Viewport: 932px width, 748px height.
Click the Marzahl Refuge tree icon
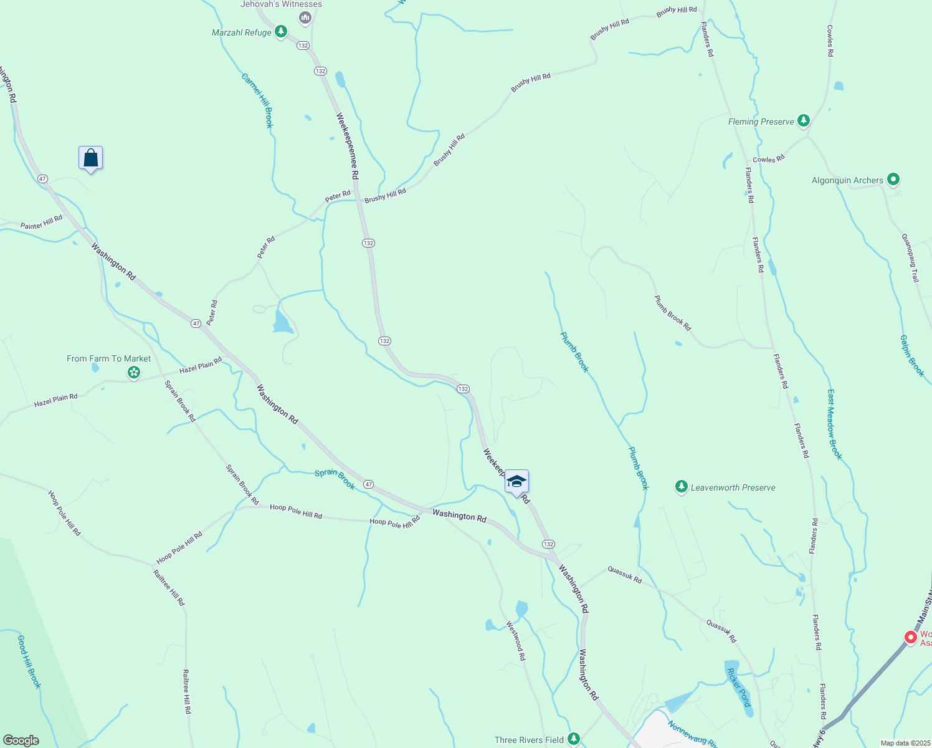coord(281,32)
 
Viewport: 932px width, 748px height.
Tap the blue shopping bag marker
coord(91,158)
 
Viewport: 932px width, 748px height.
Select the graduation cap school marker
coord(516,482)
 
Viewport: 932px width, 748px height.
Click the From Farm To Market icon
coord(133,373)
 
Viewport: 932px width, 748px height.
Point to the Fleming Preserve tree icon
coord(804,120)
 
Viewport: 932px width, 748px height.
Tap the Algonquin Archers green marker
coord(893,180)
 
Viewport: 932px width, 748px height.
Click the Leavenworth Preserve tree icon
coord(681,487)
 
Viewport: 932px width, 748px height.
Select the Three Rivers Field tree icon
coord(573,739)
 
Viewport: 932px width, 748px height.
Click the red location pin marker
coord(910,637)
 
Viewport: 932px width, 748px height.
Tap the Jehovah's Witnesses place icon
coord(305,18)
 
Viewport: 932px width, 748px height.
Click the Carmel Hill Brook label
coord(257,100)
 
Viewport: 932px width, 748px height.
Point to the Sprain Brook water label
coord(335,479)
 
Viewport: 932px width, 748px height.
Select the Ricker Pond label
coord(739,688)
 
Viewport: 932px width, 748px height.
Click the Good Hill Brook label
coord(29,661)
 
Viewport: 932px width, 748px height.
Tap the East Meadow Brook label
coord(835,424)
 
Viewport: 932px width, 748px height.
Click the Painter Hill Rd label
coord(42,222)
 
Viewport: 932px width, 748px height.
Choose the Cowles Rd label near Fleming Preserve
coord(768,160)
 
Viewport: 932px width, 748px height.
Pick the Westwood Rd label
coord(516,641)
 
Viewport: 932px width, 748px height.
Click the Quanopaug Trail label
coord(910,257)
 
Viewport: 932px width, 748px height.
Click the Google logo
coord(21,740)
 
